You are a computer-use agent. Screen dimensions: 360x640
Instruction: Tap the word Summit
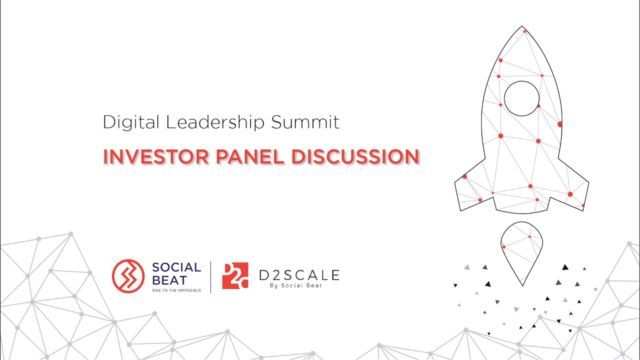click(x=305, y=122)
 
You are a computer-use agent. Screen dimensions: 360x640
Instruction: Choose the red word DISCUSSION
click(x=355, y=156)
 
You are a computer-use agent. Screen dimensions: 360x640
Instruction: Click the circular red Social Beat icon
click(x=128, y=275)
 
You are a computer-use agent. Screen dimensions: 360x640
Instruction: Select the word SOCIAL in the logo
click(x=176, y=267)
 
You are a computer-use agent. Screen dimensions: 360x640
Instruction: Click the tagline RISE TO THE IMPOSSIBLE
click(x=176, y=290)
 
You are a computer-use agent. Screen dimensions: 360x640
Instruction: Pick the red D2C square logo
click(x=235, y=275)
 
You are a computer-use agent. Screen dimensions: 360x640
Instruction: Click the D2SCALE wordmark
click(x=299, y=274)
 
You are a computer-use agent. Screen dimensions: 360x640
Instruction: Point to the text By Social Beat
click(x=299, y=286)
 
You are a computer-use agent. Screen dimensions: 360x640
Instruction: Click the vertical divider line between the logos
click(x=210, y=276)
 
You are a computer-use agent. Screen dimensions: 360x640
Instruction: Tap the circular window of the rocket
click(x=521, y=98)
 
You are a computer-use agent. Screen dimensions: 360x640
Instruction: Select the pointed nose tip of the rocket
click(x=522, y=27)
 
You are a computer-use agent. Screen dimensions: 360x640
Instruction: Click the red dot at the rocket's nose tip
click(x=524, y=31)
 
